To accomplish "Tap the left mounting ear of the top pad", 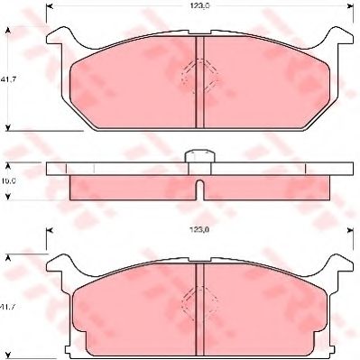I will (56, 37).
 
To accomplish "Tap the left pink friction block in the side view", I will (133, 186).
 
